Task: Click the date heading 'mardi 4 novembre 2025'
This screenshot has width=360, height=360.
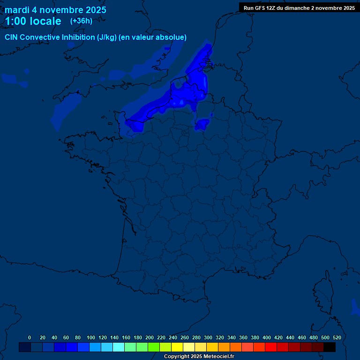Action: [x=55, y=10]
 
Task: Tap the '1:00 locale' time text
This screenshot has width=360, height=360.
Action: [x=33, y=21]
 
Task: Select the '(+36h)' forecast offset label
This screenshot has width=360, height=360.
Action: [x=81, y=21]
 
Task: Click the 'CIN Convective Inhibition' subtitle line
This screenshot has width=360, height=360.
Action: [x=96, y=37]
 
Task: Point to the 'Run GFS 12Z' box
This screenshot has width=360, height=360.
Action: [x=299, y=7]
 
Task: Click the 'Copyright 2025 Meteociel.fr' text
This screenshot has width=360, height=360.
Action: [x=199, y=357]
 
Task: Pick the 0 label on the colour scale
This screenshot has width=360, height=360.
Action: [x=30, y=337]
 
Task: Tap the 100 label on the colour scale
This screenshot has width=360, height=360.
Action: [x=91, y=337]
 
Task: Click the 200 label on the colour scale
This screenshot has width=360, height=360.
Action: [x=150, y=337]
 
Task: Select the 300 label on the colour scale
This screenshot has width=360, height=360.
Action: [x=208, y=337]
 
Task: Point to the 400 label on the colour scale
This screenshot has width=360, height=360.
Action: [x=267, y=337]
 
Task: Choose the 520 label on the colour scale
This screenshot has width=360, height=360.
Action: [x=337, y=337]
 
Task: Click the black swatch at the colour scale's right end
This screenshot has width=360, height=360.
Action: [x=330, y=347]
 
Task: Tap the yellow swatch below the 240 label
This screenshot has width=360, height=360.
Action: [x=177, y=347]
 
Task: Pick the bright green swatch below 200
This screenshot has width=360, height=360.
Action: [x=154, y=347]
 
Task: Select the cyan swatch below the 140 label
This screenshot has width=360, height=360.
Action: [x=119, y=347]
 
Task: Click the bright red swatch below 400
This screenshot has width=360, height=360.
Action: [x=271, y=347]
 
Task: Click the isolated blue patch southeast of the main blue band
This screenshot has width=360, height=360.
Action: [x=202, y=124]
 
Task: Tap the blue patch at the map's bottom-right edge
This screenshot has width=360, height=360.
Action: [x=354, y=307]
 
